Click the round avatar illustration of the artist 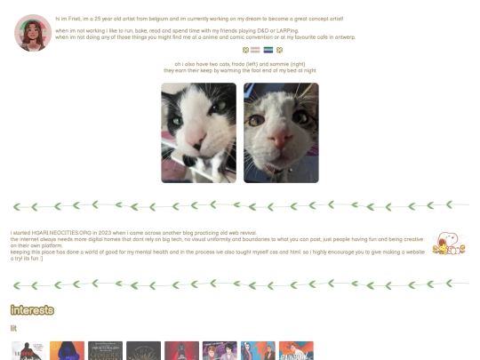[x=33, y=33]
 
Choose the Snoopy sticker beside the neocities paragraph [x=447, y=243]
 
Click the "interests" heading [x=32, y=310]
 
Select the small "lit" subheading [x=14, y=328]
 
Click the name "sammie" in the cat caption [x=275, y=64]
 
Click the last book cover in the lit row [x=296, y=351]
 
